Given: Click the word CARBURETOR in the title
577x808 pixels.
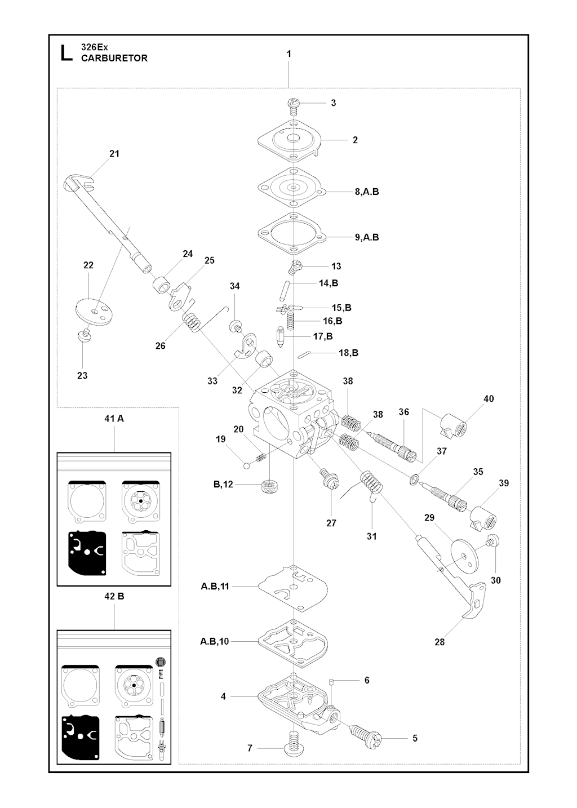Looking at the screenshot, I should [114, 58].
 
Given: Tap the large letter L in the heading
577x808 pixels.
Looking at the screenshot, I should [66, 52].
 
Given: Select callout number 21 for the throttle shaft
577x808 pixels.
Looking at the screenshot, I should [114, 153].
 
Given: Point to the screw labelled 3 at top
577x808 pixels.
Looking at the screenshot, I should [293, 103].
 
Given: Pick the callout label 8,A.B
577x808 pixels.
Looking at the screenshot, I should [367, 192].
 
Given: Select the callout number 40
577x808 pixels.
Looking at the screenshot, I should [489, 398].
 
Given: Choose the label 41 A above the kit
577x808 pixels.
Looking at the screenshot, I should [114, 419].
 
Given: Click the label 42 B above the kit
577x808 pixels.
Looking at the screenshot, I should [114, 596].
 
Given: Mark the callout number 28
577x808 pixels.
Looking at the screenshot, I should [440, 642].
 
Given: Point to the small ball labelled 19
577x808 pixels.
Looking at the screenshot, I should [246, 465].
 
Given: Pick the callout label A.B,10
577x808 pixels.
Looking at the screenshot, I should [214, 641].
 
